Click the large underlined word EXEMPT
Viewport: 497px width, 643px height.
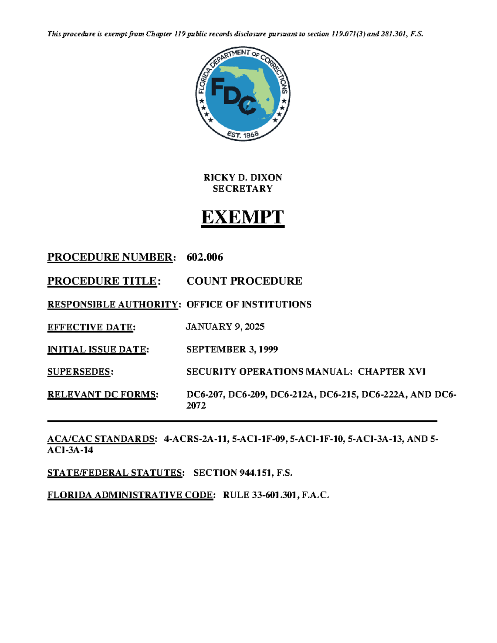pos(243,217)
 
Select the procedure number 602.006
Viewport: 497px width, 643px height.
pos(205,257)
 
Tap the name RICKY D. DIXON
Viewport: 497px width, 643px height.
pos(243,178)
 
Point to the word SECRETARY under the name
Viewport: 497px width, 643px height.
pos(243,189)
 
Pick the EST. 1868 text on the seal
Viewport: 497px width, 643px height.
pos(243,135)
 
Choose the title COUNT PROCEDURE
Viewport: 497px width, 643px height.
pos(244,281)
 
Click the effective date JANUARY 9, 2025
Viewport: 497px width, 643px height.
pos(225,327)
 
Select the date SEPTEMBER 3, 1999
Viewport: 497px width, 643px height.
pos(232,349)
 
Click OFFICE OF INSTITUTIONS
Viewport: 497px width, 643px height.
pos(249,304)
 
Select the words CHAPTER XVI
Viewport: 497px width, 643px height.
pos(392,372)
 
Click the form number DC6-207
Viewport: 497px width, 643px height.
pos(205,395)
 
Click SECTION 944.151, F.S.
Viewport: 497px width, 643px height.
pos(243,473)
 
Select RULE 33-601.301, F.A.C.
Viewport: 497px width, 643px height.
pos(276,495)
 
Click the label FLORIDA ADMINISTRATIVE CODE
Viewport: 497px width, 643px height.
pos(130,495)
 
